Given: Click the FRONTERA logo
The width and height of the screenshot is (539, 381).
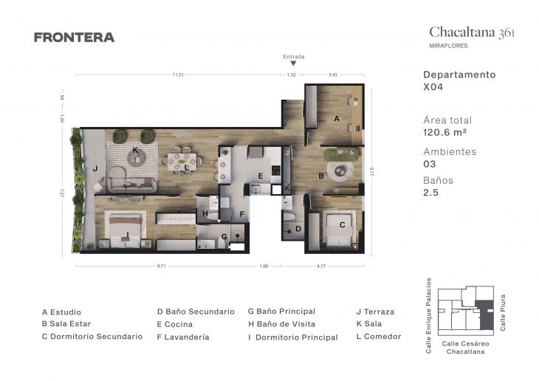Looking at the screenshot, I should [x=74, y=38].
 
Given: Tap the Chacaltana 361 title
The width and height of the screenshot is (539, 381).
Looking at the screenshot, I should [x=472, y=32].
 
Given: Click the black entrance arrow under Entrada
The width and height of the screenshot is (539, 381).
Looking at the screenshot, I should [x=293, y=64].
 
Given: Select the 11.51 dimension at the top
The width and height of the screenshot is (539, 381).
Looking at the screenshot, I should [x=177, y=75].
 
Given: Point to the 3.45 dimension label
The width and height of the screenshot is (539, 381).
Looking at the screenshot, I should [x=332, y=75].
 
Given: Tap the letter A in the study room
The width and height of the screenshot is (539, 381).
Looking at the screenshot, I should [x=337, y=118].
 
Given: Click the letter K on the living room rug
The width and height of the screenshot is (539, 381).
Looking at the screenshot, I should [x=135, y=150].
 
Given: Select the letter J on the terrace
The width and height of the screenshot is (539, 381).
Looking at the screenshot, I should [x=95, y=168].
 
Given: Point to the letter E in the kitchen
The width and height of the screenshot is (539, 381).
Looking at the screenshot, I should [x=260, y=176].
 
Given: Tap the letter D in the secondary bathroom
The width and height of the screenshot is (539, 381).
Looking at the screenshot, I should [x=298, y=229].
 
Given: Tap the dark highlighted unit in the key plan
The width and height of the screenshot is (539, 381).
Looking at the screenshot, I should [x=485, y=317].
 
